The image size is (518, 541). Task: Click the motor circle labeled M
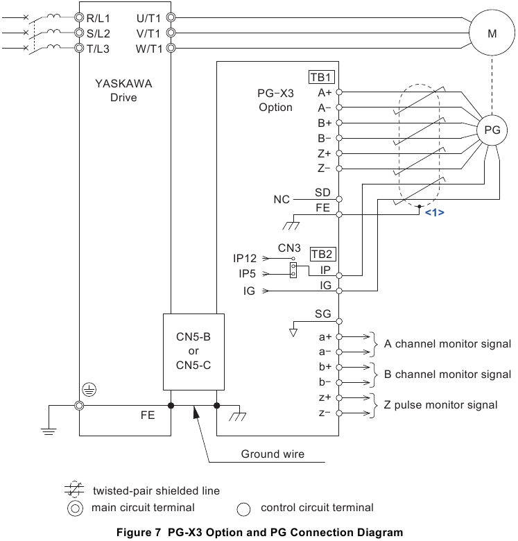click(492, 33)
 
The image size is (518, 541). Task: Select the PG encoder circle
click(492, 130)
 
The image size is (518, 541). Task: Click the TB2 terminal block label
click(322, 254)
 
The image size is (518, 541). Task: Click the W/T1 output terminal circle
click(171, 49)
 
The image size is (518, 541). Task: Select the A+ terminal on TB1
click(339, 92)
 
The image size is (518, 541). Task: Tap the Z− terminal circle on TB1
click(339, 168)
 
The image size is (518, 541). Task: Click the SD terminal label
click(322, 192)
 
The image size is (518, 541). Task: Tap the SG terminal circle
click(339, 321)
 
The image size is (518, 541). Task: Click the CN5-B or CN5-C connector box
click(194, 352)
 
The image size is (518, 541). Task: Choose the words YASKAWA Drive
click(123, 90)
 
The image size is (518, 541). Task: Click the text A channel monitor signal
click(447, 344)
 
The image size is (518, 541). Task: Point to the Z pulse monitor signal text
click(440, 405)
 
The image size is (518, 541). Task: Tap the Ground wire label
click(273, 454)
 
